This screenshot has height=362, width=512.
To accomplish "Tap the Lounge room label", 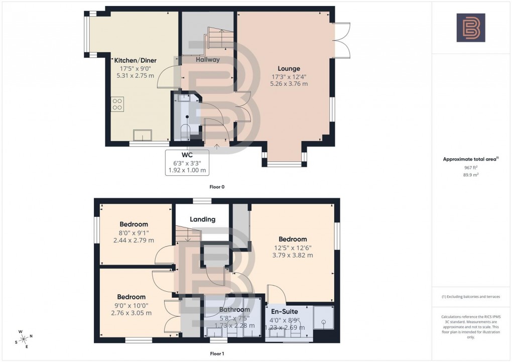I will point(289,69).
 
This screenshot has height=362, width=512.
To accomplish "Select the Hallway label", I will point(208,59).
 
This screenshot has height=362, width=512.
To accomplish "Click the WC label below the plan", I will point(187,155).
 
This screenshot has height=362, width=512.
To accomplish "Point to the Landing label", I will point(203,219).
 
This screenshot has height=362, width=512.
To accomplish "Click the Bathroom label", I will point(234,310).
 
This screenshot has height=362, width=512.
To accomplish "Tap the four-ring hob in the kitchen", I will point(117,104).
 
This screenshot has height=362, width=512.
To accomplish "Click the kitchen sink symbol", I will point(142,136).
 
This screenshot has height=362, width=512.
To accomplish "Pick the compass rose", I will point(24,339).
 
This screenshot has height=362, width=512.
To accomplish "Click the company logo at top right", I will point(471,28).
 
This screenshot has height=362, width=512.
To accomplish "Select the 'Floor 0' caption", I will point(217,187).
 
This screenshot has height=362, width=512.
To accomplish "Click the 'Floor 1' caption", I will point(217,354).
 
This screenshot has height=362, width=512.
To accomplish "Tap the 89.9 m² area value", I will point(471,175).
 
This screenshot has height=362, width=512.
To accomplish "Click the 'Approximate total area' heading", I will point(470,159).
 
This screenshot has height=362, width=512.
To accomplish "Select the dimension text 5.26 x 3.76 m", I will point(289,84).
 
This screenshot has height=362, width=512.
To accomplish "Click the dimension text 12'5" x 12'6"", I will point(293,248).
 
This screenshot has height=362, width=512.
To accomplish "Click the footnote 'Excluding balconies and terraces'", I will point(471,297).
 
